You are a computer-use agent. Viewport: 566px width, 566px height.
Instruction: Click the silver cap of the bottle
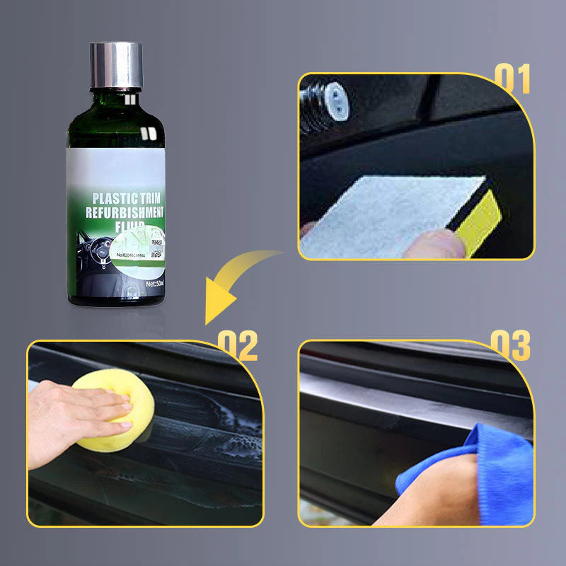[116, 64]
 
